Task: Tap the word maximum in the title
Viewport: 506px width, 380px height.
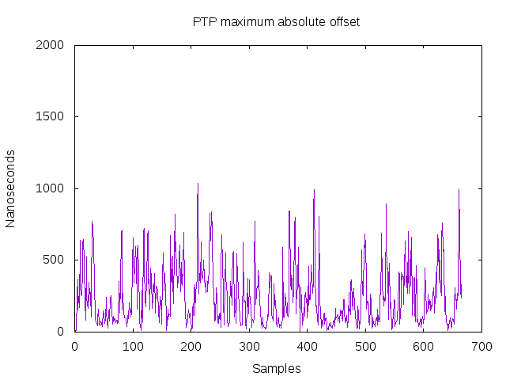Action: click(x=245, y=22)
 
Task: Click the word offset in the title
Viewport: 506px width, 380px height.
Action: click(x=344, y=22)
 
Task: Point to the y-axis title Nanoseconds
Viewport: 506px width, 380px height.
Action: click(x=10, y=188)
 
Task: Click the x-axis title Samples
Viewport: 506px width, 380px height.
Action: click(x=277, y=368)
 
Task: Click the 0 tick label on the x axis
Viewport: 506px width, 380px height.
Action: click(x=75, y=347)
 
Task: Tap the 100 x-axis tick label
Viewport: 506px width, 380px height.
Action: click(x=133, y=347)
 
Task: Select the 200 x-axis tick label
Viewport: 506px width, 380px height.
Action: click(x=191, y=347)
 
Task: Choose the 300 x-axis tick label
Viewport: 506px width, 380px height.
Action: click(x=249, y=347)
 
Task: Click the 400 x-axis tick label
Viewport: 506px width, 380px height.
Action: click(x=308, y=347)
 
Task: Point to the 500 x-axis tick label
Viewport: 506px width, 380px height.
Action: click(x=365, y=347)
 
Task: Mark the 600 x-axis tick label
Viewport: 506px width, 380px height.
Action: click(x=424, y=347)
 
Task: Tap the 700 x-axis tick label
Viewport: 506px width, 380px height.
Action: click(x=481, y=347)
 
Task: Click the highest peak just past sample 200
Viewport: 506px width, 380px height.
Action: click(x=198, y=184)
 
